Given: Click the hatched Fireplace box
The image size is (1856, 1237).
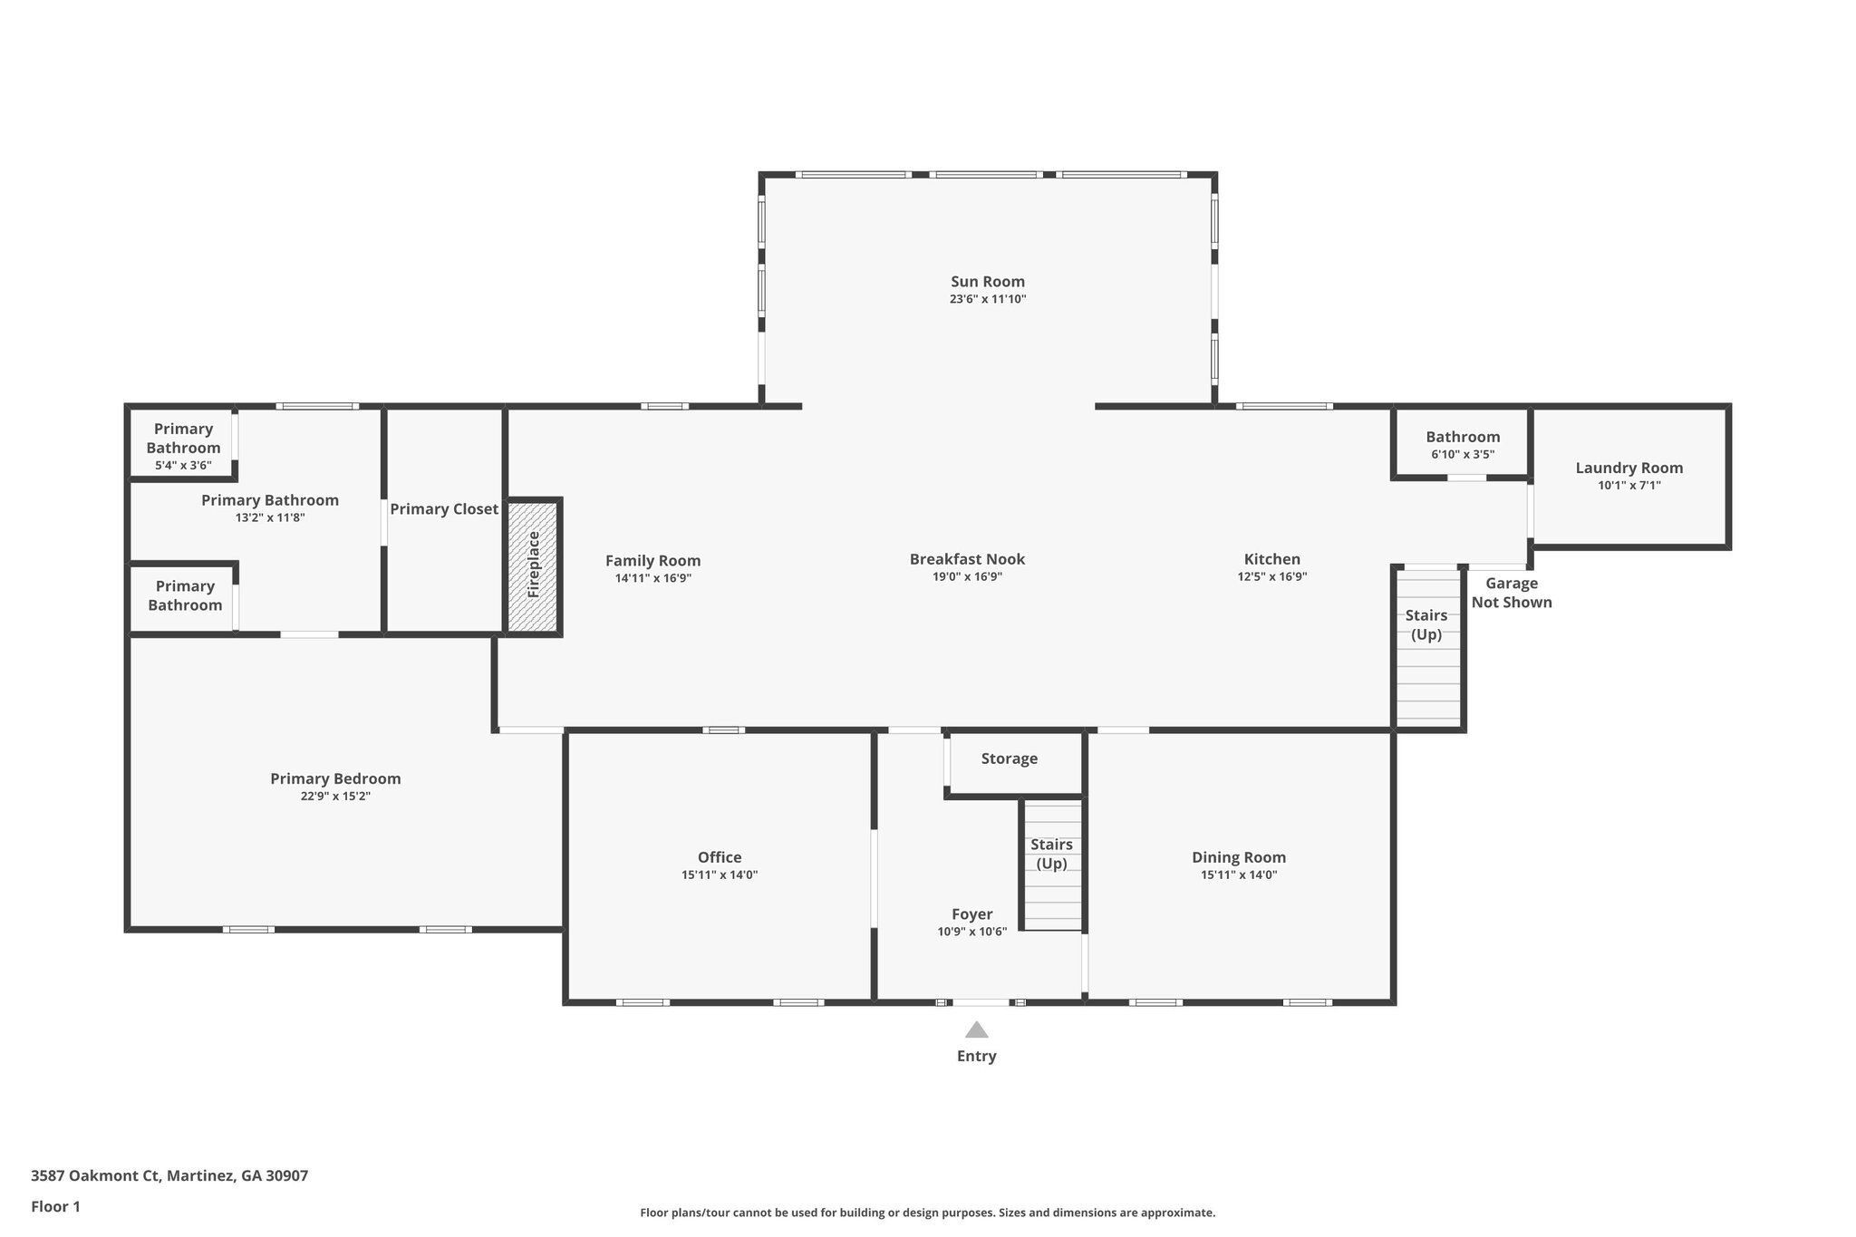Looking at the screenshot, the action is (534, 566).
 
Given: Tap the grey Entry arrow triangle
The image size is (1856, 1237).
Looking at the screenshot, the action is (976, 1029).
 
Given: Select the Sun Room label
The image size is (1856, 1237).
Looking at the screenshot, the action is (988, 282).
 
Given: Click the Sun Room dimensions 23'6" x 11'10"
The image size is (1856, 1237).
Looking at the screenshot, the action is (988, 299).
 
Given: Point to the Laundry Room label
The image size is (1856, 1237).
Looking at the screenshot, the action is (1629, 468).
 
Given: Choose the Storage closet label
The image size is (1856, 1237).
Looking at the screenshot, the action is (1010, 759).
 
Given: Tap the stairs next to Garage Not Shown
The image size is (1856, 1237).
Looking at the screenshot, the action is (1428, 647).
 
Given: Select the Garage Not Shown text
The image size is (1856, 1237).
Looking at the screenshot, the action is (1512, 593).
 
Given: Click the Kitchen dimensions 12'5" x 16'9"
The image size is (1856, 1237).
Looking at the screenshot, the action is (1272, 576).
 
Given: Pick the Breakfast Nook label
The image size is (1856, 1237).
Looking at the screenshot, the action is (967, 559).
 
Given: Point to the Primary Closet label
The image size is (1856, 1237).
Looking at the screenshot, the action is (444, 509).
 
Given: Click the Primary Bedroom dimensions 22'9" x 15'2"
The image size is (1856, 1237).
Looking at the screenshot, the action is (335, 797).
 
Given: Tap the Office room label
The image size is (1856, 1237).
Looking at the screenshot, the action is (720, 857).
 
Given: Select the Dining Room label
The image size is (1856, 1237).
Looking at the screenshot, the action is (1239, 857).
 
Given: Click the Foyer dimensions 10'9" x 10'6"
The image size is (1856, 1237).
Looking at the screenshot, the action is (972, 932).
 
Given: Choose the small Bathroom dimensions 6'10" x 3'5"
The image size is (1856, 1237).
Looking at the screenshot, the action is (1463, 454).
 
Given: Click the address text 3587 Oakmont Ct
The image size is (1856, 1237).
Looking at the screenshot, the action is (96, 1175).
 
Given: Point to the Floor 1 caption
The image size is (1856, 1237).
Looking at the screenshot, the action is (56, 1206).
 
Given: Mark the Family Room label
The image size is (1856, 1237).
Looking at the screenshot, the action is (653, 561).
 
